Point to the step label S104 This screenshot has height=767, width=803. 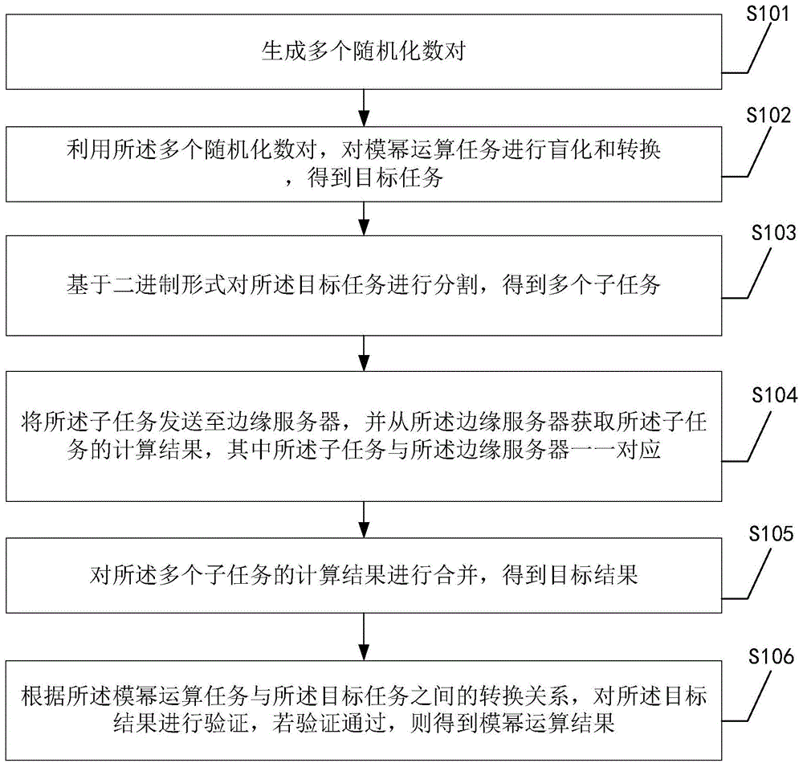(774, 395)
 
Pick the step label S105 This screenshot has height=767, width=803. (771, 533)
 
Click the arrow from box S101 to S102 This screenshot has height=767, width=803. (365, 106)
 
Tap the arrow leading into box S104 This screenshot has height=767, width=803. (365, 352)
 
